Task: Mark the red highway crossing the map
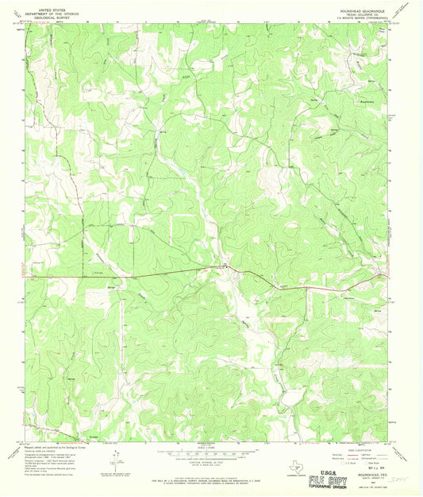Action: coord(159,276)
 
